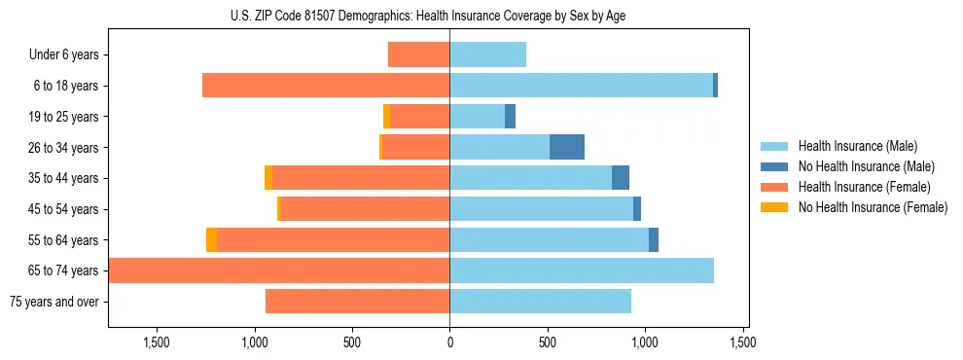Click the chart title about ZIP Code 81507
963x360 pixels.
click(x=428, y=16)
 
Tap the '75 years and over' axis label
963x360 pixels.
click(x=53, y=302)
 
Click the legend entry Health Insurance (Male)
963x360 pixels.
click(x=856, y=146)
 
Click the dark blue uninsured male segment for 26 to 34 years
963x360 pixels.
click(x=567, y=147)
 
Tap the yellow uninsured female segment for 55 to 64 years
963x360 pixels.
click(x=211, y=239)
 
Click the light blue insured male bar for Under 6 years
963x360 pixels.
click(x=487, y=54)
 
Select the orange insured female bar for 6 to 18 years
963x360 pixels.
click(x=326, y=86)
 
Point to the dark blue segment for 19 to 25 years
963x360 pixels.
click(x=510, y=117)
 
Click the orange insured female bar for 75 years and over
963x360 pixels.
click(x=357, y=302)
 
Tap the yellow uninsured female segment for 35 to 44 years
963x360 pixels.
click(x=268, y=178)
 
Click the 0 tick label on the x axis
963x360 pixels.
click(x=449, y=342)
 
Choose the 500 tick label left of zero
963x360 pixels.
click(x=352, y=342)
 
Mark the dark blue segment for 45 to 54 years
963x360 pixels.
click(x=637, y=209)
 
